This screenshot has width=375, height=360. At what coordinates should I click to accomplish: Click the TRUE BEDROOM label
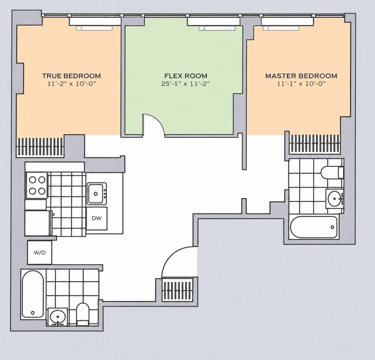coord(71,76)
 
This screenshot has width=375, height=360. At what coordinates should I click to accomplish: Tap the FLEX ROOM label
coord(186,76)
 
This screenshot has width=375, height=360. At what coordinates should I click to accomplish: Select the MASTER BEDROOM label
coord(301,76)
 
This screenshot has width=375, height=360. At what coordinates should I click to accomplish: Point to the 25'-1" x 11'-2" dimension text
coord(186,84)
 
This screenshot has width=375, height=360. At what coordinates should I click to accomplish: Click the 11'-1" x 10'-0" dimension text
coord(301,84)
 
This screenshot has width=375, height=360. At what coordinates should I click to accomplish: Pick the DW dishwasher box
coord(97,218)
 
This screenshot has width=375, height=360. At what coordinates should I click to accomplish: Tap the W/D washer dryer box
coord(40,252)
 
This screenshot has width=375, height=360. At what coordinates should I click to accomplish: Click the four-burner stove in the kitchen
coord(37,185)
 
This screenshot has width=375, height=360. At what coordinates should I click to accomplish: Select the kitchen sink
coord(97,193)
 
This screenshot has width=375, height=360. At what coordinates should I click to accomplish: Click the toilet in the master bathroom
coord(332,172)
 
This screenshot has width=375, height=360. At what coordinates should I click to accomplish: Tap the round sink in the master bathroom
coord(335,198)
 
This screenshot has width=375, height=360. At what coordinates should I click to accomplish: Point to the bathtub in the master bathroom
coord(314,227)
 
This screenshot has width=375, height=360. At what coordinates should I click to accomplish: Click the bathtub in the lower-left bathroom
coord(33,294)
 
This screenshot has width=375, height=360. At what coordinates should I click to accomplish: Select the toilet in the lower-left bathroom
coord(83,314)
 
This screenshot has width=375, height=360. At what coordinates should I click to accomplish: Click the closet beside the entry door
coord(177,291)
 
